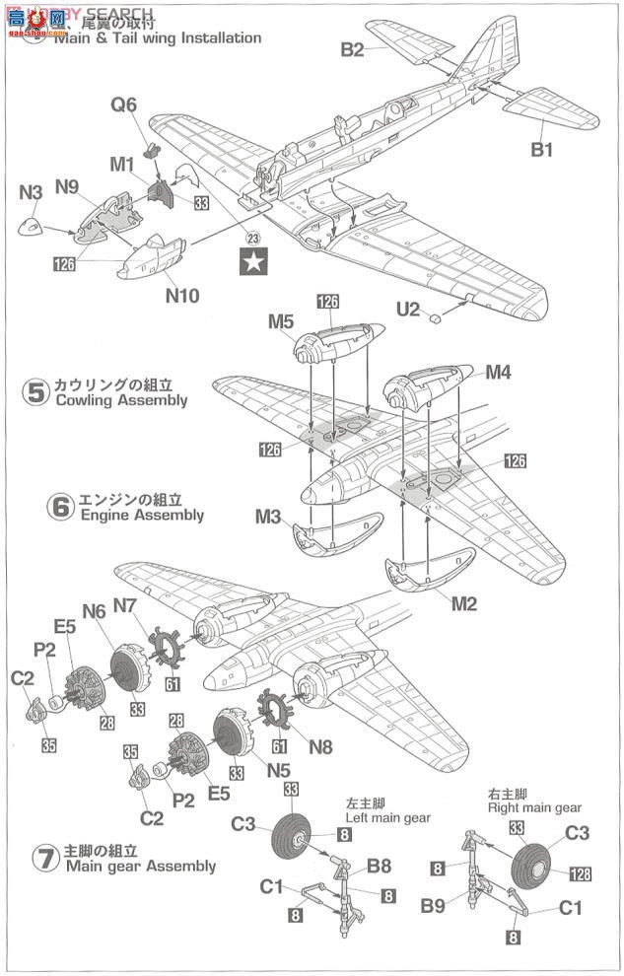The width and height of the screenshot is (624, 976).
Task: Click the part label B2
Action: click(x=353, y=49)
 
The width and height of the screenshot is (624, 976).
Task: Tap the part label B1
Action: click(x=542, y=150)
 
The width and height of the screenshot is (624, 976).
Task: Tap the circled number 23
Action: click(x=253, y=238)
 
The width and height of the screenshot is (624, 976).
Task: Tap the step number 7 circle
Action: click(x=43, y=858)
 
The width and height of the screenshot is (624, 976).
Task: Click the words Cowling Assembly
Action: click(x=121, y=401)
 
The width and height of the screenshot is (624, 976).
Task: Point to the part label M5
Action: click(x=280, y=321)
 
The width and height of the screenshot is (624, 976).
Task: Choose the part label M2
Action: click(x=462, y=604)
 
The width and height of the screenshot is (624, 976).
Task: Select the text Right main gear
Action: click(x=534, y=808)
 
